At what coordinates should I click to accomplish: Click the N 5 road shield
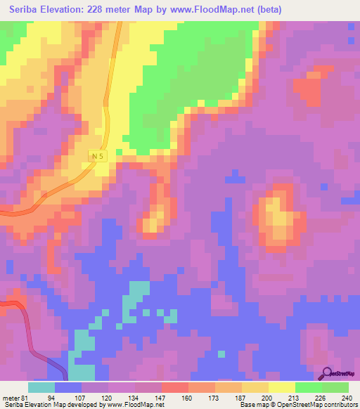98,155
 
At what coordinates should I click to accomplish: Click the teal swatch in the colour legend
41,387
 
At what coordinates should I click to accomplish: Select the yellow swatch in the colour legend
282,387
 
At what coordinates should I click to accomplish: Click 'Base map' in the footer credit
251,405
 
